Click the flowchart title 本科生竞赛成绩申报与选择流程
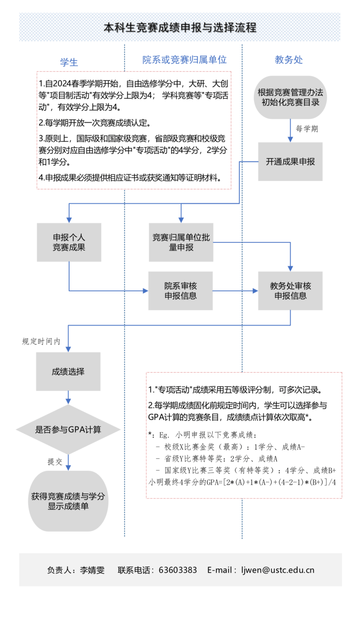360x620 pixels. click(x=180, y=27)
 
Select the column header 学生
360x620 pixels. click(x=69, y=62)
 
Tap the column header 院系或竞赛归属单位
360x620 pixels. click(x=185, y=60)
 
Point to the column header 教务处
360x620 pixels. click(x=288, y=60)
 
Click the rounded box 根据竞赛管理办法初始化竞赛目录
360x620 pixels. click(x=290, y=97)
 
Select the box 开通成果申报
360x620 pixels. click(x=290, y=162)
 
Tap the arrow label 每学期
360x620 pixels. click(x=307, y=129)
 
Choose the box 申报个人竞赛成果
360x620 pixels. click(x=69, y=242)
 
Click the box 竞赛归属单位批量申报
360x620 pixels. click(x=181, y=242)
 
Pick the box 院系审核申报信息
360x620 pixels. click(x=180, y=291)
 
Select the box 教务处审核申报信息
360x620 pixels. click(x=290, y=291)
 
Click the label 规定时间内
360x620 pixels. click(x=41, y=341)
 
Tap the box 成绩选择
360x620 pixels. click(x=68, y=371)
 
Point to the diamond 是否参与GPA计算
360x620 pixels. click(x=68, y=429)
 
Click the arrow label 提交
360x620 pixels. click(x=55, y=461)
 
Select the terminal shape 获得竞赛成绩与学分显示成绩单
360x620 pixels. click(x=68, y=501)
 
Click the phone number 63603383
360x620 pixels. click(x=178, y=570)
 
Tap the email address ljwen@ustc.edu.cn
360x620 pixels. click(x=278, y=570)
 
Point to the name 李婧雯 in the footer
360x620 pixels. click(x=92, y=570)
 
